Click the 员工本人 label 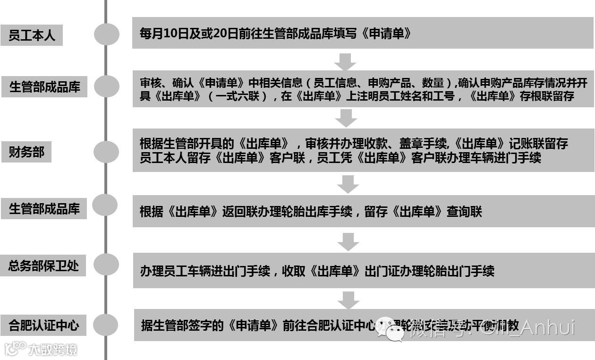point(32,35)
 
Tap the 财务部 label point(26,152)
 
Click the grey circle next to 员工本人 point(106,34)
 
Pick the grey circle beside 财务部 point(106,152)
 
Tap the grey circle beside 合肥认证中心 point(105,325)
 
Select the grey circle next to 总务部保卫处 point(106,266)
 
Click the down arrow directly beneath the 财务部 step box point(348,184)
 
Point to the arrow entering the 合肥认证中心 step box point(348,300)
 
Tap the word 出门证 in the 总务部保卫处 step point(382,271)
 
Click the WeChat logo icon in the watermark point(390,329)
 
